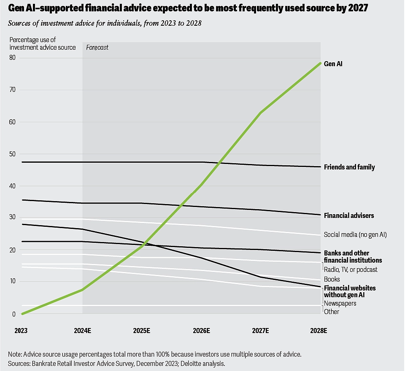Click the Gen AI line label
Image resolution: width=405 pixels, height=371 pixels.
click(x=333, y=64)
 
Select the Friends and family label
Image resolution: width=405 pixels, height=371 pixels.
click(x=349, y=167)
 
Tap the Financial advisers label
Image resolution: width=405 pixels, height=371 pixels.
click(x=348, y=216)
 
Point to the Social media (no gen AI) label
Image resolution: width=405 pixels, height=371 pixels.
click(x=355, y=235)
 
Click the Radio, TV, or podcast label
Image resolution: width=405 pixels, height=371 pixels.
click(x=351, y=269)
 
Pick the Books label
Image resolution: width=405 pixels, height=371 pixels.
click(x=332, y=279)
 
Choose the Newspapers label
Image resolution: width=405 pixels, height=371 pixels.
click(x=340, y=303)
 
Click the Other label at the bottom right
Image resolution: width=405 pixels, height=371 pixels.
click(x=331, y=312)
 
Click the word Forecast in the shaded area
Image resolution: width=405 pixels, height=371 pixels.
click(x=97, y=48)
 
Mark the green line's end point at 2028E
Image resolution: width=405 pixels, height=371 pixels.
click(x=320, y=63)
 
